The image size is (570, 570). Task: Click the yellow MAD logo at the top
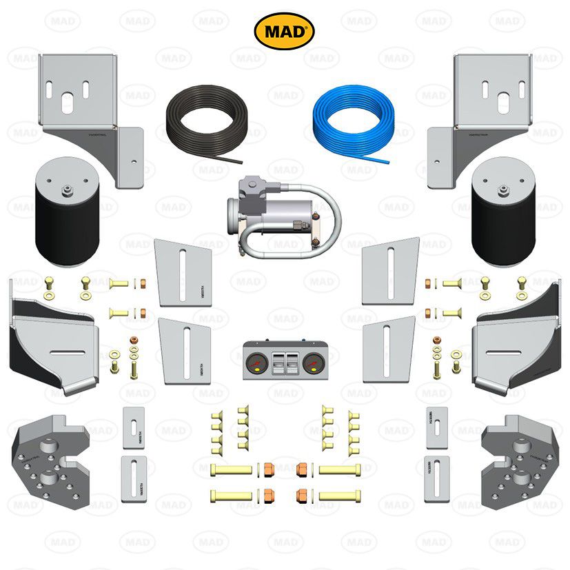tap(285, 31)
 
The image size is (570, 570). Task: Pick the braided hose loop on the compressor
tap(324, 221)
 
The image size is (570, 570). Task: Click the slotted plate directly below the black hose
tap(183, 272)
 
